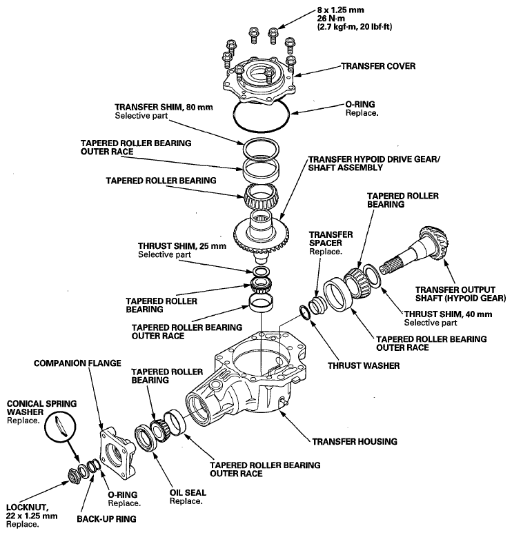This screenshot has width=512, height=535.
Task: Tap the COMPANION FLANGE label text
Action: point(77,362)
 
